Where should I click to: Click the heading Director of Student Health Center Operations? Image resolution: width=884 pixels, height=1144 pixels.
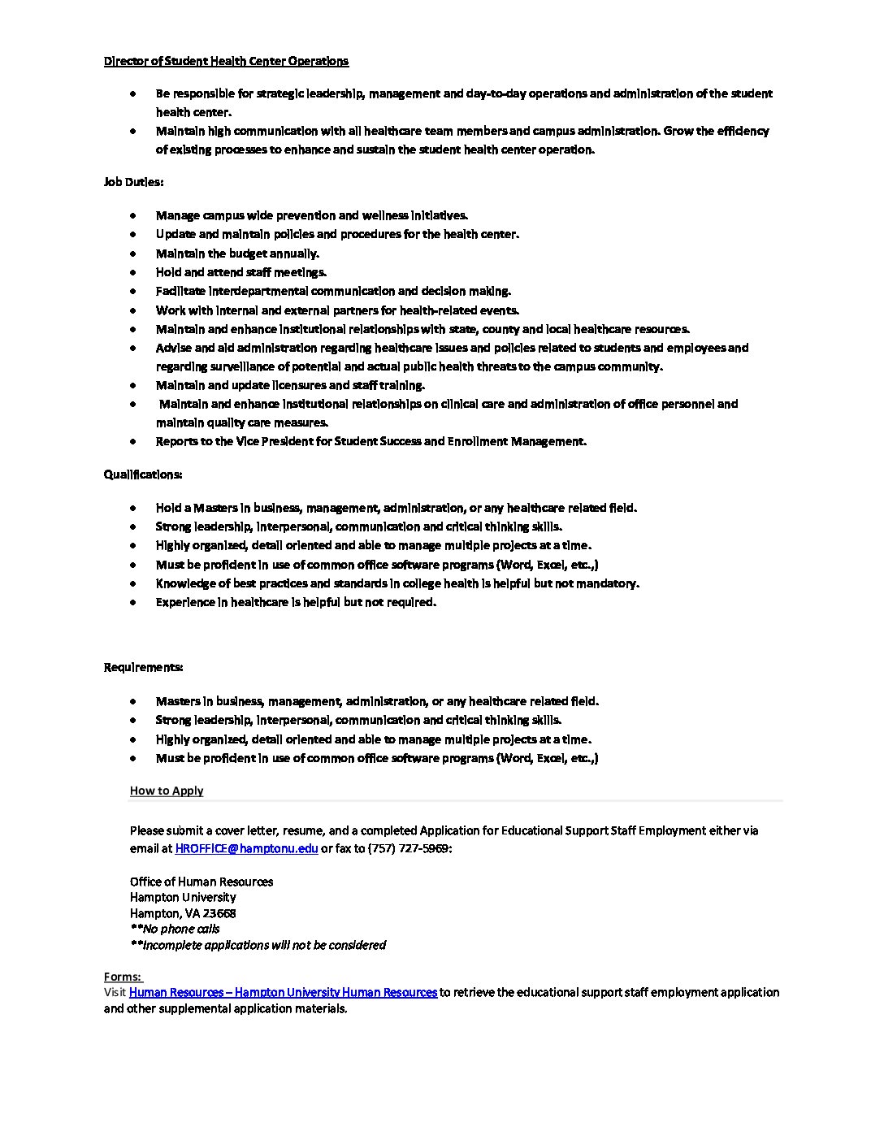[226, 61]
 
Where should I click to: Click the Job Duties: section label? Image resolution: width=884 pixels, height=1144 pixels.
[133, 182]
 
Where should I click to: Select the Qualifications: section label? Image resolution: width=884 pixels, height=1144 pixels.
[143, 474]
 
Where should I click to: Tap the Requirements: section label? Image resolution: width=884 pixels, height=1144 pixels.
[143, 667]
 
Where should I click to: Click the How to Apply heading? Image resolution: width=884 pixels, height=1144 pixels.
[167, 791]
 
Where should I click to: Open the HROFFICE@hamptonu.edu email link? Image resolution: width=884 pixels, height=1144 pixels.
[246, 848]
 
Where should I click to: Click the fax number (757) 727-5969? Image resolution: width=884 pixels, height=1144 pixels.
[408, 848]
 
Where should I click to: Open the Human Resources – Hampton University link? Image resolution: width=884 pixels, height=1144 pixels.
[283, 992]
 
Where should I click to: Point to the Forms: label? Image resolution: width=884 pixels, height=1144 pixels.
[123, 977]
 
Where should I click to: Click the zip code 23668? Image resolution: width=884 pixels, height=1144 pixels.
[219, 913]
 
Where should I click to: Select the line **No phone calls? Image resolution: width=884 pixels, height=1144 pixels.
[175, 929]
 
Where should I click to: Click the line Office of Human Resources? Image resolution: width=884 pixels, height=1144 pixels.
[201, 882]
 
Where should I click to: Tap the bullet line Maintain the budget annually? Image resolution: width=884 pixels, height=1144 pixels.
[237, 253]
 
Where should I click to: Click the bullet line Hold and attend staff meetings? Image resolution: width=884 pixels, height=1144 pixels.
[241, 272]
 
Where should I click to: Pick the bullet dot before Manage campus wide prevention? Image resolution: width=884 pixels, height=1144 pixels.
[132, 215]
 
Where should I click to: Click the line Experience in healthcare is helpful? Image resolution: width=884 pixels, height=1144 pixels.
[296, 602]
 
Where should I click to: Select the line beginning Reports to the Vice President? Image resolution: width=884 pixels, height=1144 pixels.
[370, 441]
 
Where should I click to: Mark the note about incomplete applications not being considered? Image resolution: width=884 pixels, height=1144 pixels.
[258, 945]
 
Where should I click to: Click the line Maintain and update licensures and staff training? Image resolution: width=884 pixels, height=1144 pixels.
[290, 385]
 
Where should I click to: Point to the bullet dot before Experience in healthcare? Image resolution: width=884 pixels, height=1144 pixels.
[132, 602]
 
